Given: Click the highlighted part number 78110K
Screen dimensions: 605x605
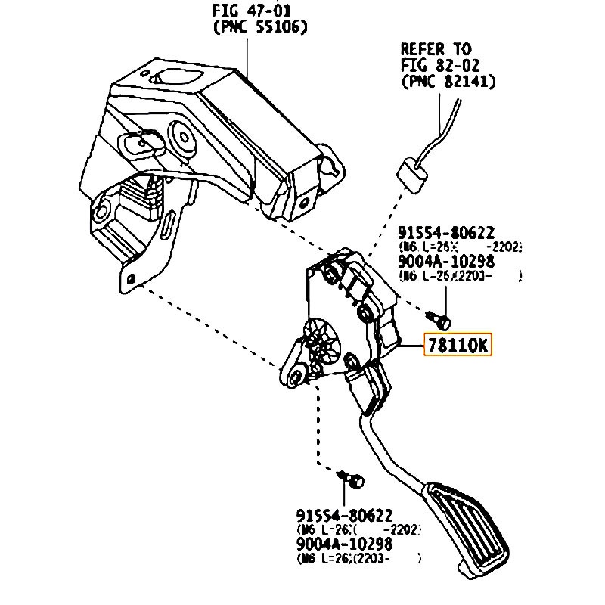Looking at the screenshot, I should click(x=458, y=345).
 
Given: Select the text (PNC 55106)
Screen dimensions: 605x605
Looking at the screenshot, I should click(x=259, y=28).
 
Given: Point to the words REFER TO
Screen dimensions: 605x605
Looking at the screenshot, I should click(x=436, y=48).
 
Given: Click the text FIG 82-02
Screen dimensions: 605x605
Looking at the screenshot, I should click(x=440, y=65).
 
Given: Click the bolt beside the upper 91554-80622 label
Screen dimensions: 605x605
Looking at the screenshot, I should click(x=442, y=320).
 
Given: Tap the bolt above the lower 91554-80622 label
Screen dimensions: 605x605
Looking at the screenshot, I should click(x=352, y=478).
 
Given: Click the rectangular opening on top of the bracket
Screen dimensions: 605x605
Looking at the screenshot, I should click(x=175, y=76).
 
